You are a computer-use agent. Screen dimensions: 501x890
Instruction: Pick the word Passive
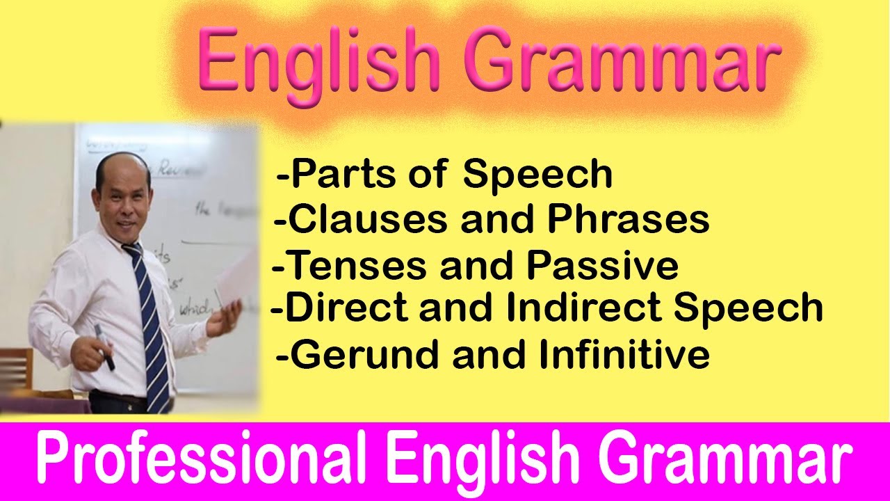click(602, 265)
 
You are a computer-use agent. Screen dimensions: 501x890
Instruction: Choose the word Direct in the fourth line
click(347, 308)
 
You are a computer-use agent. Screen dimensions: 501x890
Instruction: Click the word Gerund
click(366, 355)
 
